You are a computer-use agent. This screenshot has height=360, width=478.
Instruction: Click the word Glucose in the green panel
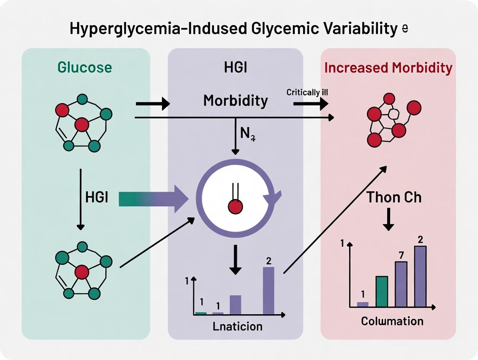(x=85, y=67)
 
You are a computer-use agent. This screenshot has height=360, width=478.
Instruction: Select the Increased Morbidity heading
(x=388, y=68)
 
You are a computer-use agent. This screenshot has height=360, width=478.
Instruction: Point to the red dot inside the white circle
(x=235, y=207)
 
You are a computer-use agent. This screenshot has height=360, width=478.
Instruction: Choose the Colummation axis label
(x=392, y=321)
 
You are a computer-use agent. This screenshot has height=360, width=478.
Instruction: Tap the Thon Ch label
(x=394, y=197)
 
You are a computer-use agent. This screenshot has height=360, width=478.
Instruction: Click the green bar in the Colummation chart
(x=382, y=291)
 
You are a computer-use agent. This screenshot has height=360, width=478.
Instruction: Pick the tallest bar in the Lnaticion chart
(x=268, y=290)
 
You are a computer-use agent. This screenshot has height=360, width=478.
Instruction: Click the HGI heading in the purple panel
(x=235, y=68)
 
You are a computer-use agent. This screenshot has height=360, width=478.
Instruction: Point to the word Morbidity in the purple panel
(x=236, y=101)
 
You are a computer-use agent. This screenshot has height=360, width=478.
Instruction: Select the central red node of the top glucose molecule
(x=81, y=125)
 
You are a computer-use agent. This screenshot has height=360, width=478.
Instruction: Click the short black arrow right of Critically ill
(x=310, y=104)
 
